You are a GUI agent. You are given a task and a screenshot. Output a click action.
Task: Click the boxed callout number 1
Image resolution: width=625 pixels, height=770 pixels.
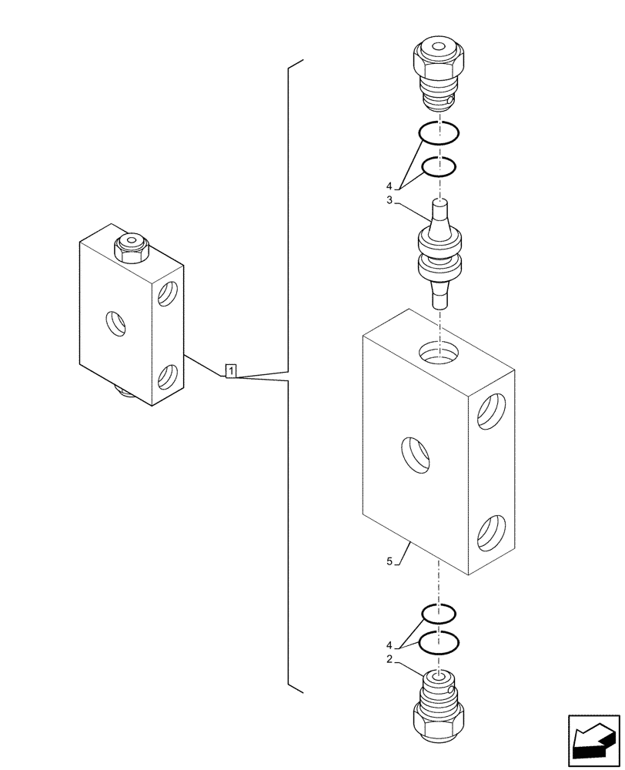tap(231, 371)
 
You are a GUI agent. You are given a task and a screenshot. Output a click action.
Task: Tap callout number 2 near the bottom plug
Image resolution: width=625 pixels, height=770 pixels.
tap(390, 660)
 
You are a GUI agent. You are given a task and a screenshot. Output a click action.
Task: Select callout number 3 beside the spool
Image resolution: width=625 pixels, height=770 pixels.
tap(390, 200)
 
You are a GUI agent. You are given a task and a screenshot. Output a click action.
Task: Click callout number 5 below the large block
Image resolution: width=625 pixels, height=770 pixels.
tap(389, 562)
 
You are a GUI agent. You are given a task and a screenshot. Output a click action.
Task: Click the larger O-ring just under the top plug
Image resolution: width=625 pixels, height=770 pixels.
tap(439, 134)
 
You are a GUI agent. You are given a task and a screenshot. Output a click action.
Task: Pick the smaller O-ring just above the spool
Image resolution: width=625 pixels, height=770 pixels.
tap(439, 166)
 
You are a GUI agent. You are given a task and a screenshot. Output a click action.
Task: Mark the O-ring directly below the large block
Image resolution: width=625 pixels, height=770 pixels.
tap(439, 614)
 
